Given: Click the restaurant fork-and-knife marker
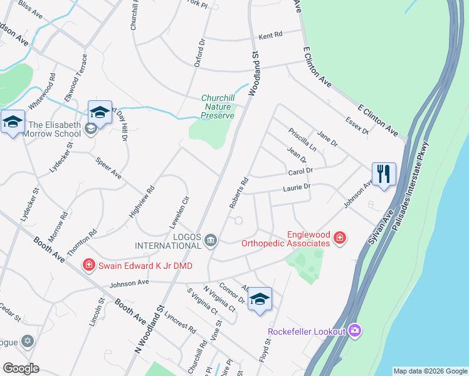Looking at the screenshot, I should (383, 173).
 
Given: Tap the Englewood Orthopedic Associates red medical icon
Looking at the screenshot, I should (339, 238).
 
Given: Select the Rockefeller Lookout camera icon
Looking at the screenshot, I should (355, 330).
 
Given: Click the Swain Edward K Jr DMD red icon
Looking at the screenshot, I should (89, 266).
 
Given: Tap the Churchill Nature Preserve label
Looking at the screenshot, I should (218, 107).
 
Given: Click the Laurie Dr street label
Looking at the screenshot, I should (297, 187).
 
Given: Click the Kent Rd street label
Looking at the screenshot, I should (271, 36).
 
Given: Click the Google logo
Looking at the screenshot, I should (21, 368).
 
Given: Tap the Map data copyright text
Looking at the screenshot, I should (430, 371).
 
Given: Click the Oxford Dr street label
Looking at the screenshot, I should (200, 52).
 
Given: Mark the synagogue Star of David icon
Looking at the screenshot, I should (27, 342).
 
